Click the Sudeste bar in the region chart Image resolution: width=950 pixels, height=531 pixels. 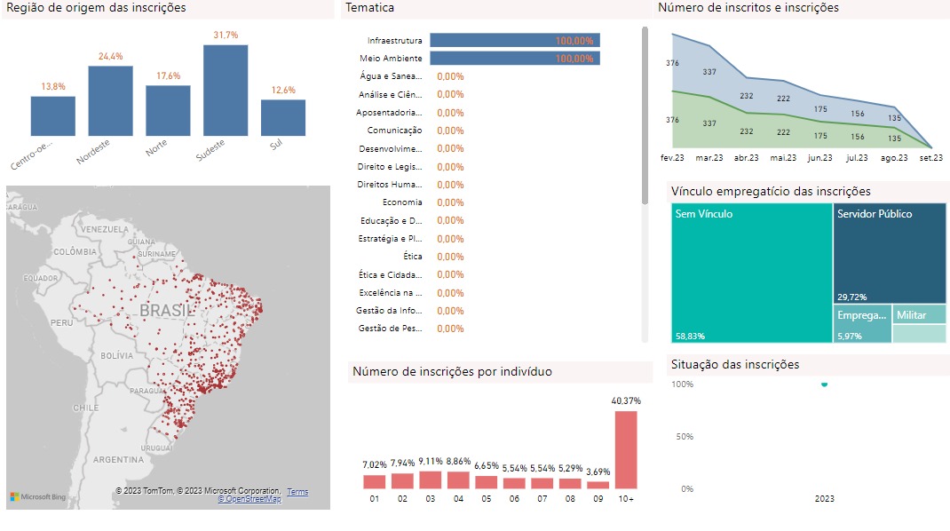[x=226, y=91]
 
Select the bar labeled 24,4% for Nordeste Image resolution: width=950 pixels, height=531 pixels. [x=110, y=101]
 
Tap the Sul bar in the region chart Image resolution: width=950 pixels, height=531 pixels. [x=283, y=117]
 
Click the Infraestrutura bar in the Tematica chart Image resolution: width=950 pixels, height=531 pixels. [x=515, y=40]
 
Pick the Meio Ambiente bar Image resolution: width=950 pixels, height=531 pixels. [x=515, y=59]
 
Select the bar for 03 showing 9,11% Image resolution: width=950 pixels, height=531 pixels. [x=431, y=479]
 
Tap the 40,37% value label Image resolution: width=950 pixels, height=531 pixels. [x=626, y=401]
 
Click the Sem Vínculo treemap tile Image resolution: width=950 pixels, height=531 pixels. [x=752, y=273]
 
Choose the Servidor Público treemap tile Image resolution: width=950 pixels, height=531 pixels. [x=890, y=253]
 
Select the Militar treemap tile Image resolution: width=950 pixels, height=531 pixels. [x=919, y=315]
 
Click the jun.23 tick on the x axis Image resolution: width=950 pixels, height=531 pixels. [x=819, y=158]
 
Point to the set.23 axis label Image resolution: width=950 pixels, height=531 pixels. [x=931, y=158]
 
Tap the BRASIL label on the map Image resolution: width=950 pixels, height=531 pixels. [x=167, y=311]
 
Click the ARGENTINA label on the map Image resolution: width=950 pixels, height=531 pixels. [x=117, y=460]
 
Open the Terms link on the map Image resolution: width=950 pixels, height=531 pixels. [x=297, y=492]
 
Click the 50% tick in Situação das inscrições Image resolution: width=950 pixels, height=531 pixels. [x=682, y=436]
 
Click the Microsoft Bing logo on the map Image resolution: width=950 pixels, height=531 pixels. [x=38, y=496]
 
